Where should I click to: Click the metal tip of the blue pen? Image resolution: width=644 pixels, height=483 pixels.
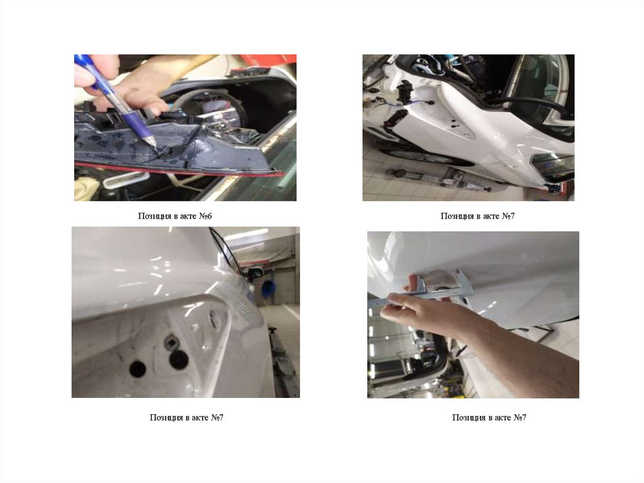tap(152, 142)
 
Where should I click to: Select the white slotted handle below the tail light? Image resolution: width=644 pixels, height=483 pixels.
tap(125, 179)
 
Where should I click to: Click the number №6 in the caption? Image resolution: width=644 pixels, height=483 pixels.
tap(206, 216)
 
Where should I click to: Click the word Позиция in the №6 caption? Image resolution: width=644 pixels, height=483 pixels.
tap(154, 216)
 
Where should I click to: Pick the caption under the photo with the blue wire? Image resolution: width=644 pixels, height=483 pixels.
tap(477, 216)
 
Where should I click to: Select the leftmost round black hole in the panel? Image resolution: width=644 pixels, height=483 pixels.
tap(138, 369)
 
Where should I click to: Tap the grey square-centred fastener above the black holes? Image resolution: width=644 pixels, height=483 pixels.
tap(170, 341)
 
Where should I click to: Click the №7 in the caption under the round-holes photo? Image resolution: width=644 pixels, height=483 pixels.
tap(217, 418)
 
